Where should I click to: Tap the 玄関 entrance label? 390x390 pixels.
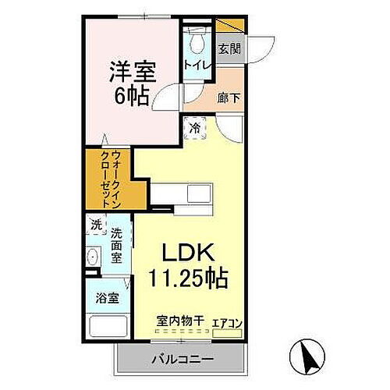(229, 48)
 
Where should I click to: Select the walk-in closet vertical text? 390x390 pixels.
(106, 177)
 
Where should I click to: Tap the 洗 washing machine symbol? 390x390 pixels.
(96, 225)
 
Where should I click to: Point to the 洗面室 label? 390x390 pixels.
(117, 246)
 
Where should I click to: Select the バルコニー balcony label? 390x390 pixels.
(180, 360)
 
